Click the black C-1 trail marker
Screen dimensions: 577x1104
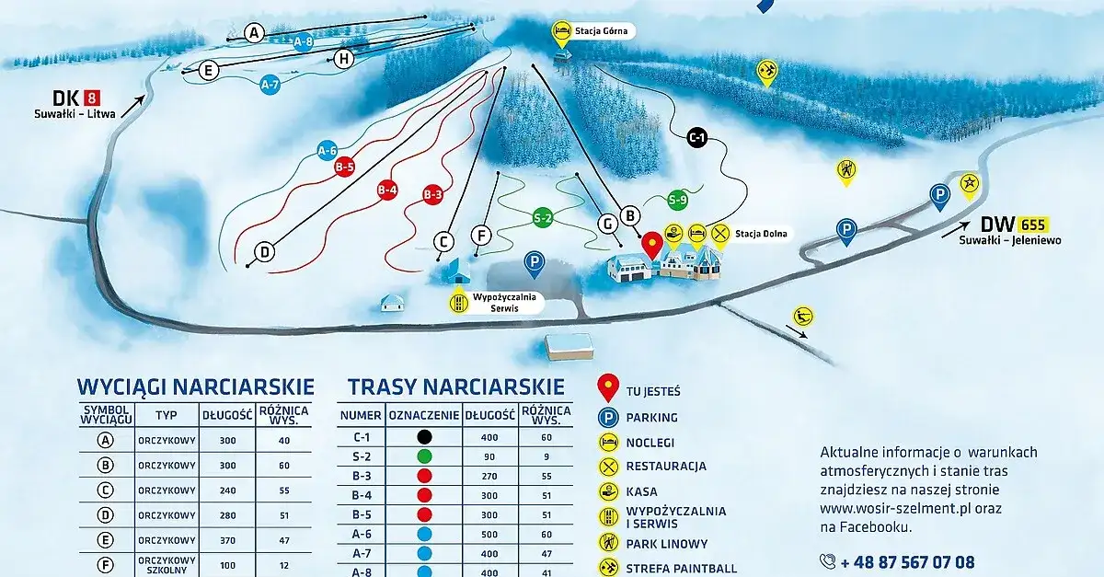click(696, 139)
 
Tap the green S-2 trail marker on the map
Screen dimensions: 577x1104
click(543, 218)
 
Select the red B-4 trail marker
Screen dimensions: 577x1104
click(387, 190)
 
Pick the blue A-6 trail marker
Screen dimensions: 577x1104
click(327, 151)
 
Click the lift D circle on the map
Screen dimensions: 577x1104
click(264, 251)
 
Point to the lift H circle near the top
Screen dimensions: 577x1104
click(344, 59)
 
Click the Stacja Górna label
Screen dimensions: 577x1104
click(601, 30)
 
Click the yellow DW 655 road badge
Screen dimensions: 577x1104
click(1033, 224)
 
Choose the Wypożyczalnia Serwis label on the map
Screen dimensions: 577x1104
click(505, 303)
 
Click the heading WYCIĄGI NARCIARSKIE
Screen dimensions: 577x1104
click(196, 386)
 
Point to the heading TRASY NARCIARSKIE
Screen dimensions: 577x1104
click(455, 386)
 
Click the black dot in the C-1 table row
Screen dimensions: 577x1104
click(423, 437)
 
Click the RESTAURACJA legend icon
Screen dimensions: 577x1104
click(608, 467)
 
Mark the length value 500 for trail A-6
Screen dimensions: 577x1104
click(489, 533)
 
